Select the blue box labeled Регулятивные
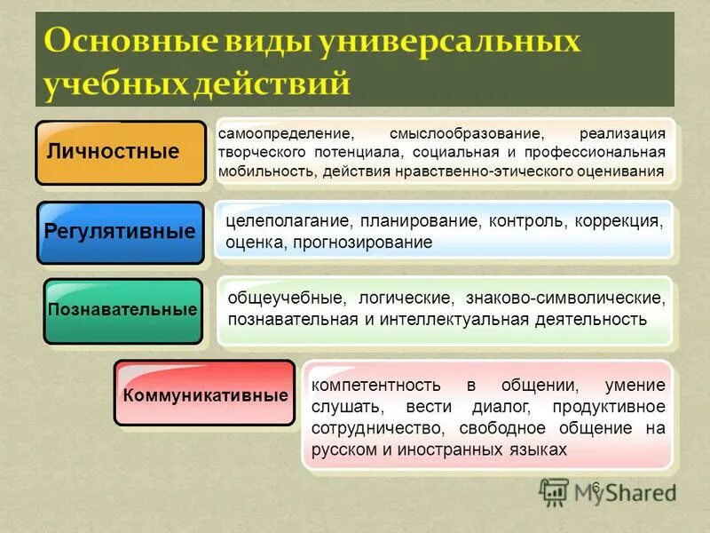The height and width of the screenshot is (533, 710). point(120,233)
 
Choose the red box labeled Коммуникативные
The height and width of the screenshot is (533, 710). point(204,394)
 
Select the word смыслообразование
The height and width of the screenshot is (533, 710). point(465,134)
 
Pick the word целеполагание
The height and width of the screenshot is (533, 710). point(280,220)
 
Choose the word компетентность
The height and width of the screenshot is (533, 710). point(376,386)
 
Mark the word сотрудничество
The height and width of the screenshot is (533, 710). point(371,429)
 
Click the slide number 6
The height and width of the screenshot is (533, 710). point(596,487)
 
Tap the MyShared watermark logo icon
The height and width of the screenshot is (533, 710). point(554,490)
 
